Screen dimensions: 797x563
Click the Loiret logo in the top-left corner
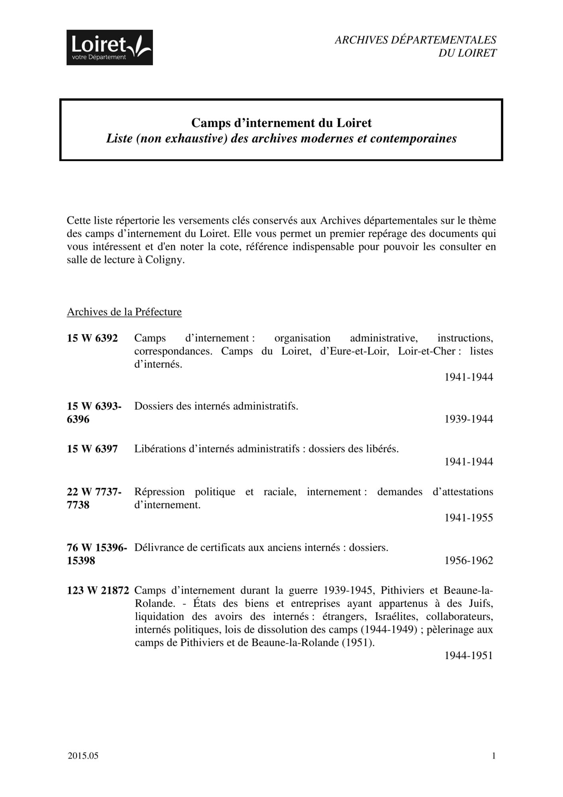click(110, 47)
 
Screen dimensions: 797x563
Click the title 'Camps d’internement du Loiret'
click(281, 123)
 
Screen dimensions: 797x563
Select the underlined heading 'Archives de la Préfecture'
click(124, 312)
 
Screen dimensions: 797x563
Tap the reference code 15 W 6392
click(92, 338)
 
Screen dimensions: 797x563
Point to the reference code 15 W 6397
click(92, 449)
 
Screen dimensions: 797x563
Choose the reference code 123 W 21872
click(98, 591)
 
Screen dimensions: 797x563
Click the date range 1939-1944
click(469, 419)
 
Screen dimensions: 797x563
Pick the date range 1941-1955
click(469, 518)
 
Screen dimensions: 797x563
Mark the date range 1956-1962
click(469, 561)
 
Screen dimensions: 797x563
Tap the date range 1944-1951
click(469, 656)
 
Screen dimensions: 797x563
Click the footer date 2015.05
click(83, 756)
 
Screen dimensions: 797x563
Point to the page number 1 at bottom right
click(494, 756)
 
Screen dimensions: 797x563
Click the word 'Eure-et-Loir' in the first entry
click(354, 351)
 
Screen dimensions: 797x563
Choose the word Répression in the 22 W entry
click(159, 492)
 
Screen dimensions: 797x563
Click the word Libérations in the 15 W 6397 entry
click(159, 449)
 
